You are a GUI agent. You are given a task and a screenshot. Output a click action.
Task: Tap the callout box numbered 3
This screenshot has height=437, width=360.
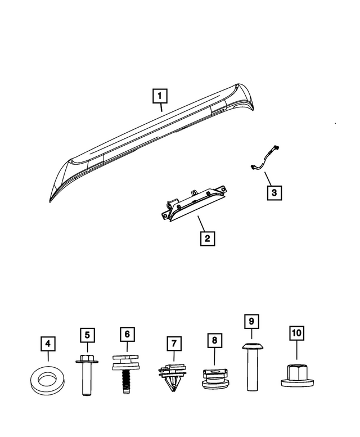click(273, 193)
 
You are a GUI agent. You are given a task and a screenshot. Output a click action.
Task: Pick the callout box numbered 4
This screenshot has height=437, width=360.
click(48, 343)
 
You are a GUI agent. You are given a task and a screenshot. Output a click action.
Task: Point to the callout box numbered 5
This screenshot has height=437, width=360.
click(87, 335)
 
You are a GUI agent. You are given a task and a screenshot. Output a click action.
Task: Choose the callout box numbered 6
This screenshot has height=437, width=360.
click(127, 334)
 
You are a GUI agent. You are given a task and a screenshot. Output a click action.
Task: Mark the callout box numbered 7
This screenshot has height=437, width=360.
click(174, 343)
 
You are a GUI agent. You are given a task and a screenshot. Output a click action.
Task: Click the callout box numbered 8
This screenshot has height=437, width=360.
click(214, 341)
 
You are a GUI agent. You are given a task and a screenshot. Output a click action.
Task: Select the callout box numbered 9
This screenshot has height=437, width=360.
click(251, 322)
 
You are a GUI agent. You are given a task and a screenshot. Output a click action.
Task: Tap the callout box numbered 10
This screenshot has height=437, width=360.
click(296, 332)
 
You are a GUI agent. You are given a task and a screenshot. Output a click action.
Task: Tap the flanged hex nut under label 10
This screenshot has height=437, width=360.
click(296, 373)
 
